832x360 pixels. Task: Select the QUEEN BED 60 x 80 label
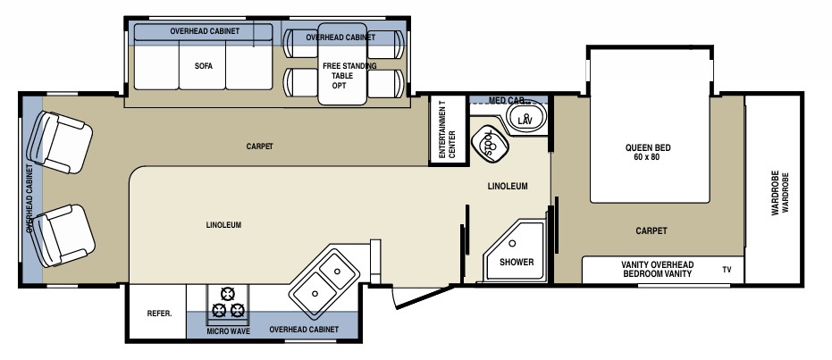point(648,153)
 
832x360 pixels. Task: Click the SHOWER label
point(516,262)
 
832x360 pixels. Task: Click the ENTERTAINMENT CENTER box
point(447,130)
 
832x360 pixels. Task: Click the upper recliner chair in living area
point(61,142)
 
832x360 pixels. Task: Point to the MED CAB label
point(507,100)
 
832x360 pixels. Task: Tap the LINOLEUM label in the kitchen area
point(223,224)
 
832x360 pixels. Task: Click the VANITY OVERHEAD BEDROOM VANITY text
point(657,269)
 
